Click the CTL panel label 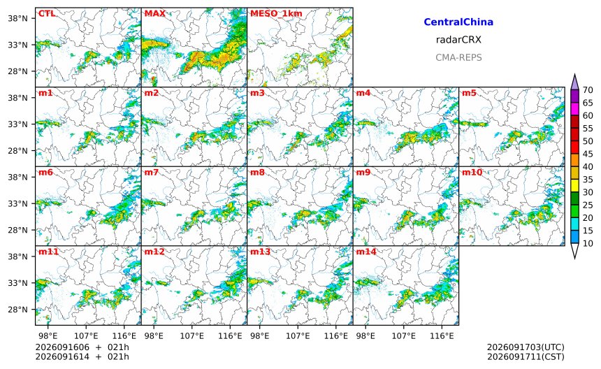47,14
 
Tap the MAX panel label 155,14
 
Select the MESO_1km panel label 276,14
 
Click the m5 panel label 469,93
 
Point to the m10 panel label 472,172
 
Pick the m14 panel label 366,252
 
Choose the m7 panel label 152,172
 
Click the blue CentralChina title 458,22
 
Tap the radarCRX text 458,39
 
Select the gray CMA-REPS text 458,57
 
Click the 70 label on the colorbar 588,90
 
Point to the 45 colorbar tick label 588,154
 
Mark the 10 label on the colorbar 588,243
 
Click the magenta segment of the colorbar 574,109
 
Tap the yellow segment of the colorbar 574,186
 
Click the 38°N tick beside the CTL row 17,18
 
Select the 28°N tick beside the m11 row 17,310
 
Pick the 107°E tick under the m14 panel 404,336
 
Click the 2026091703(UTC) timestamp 526,347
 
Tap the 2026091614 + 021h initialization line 82,356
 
